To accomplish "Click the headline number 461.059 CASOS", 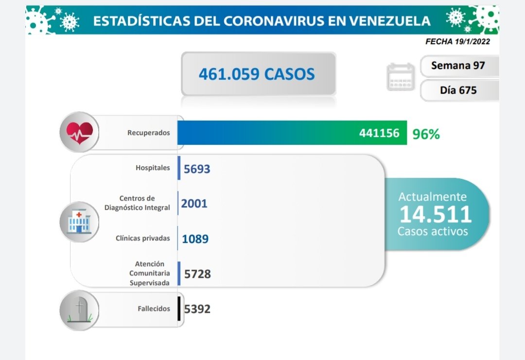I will pos(257,74).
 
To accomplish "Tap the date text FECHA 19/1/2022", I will pos(457,41).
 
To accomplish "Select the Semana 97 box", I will pos(458,65).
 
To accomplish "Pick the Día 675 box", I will pos(458,90).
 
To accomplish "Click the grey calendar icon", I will pos(401,77).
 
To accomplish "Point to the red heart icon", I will pos(79,132).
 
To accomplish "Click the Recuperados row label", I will pos(149,132).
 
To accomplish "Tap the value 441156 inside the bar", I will pos(379,133).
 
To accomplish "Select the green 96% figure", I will pos(426,134).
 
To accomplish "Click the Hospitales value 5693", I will pos(197,169).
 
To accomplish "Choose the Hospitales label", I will pos(153,168).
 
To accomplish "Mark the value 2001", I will pos(194,203).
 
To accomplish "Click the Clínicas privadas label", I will pos(143,238).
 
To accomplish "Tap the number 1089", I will pos(195,239).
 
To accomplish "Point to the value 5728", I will pos(197,274).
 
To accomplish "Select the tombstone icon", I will pos(79,310).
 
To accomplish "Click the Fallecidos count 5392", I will pos(197,309).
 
